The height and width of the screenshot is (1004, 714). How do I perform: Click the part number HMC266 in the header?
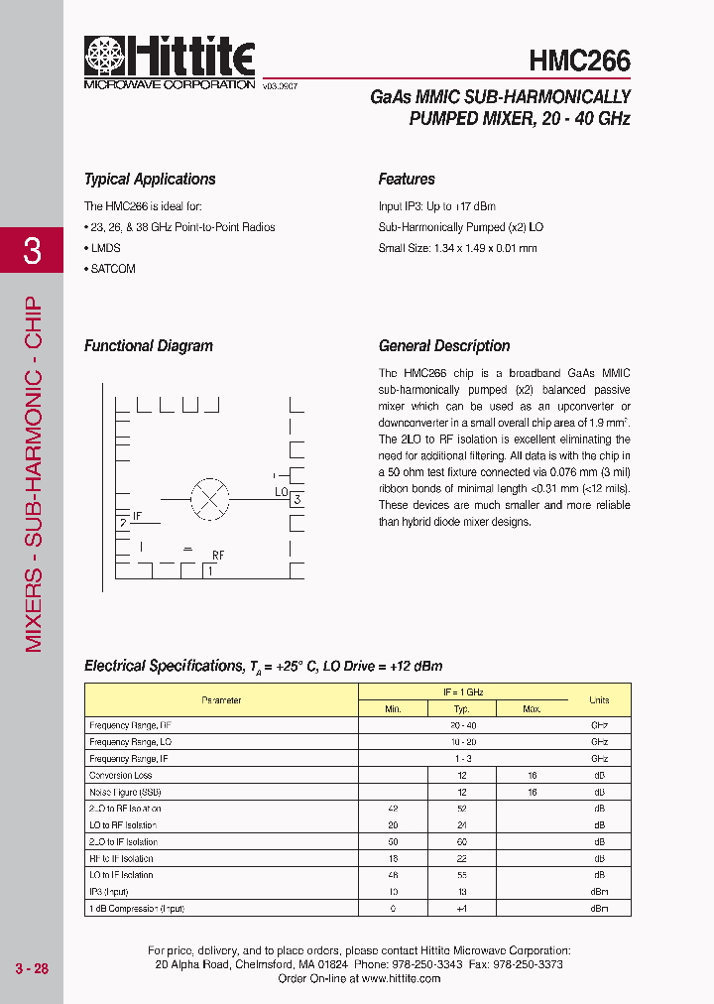click(580, 62)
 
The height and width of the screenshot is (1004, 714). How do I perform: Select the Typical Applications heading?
click(150, 180)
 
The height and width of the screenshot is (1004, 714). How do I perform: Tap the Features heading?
click(407, 180)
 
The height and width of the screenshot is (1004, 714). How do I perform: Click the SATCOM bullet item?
click(112, 269)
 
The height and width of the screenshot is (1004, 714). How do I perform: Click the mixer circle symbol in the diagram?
click(209, 498)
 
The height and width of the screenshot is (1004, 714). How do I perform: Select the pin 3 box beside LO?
click(297, 500)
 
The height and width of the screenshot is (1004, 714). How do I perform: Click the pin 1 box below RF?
click(210, 570)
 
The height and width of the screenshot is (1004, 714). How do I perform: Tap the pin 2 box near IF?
click(123, 522)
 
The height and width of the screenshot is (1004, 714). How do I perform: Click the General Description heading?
click(444, 346)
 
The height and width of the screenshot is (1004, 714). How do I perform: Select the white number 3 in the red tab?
click(32, 251)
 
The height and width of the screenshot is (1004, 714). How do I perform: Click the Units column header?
click(599, 700)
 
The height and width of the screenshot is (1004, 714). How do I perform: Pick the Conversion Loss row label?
click(121, 776)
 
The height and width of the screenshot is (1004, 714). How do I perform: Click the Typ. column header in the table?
click(461, 708)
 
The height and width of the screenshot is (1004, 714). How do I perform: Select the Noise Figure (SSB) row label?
click(125, 793)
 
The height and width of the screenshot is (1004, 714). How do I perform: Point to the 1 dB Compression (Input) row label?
click(137, 909)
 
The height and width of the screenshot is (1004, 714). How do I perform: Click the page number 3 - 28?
click(32, 968)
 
